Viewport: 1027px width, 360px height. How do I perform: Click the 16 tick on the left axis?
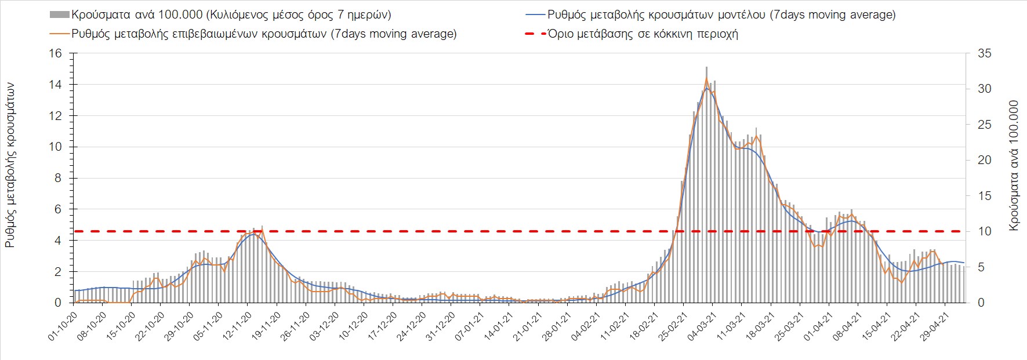(55, 54)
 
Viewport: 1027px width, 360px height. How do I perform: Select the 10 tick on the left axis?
(55, 147)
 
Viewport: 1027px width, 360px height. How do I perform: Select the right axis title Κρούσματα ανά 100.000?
(1014, 166)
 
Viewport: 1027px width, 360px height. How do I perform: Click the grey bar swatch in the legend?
(60, 14)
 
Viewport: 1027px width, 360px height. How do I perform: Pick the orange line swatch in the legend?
(60, 34)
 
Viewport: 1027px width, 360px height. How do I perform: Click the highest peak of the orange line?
(706, 78)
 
